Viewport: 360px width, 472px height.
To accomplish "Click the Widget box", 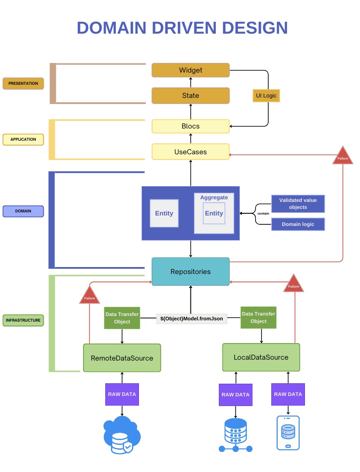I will pos(190,70).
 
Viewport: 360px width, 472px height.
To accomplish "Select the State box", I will pos(190,96).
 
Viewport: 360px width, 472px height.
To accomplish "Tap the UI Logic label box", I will pos(266,96).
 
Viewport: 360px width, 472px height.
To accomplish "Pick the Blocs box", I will pos(190,126).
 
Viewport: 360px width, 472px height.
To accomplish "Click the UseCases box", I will pos(190,152).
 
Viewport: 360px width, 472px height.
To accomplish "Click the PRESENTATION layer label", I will pos(23,83).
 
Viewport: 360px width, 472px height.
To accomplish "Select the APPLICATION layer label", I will pos(23,139).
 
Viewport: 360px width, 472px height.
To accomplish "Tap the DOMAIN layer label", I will pos(23,211).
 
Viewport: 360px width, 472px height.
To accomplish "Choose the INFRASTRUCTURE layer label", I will pos(23,320).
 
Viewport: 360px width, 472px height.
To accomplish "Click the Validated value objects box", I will pos(298,204).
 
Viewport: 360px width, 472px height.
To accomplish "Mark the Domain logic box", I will pos(298,224).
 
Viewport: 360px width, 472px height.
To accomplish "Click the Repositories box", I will pos(190,272).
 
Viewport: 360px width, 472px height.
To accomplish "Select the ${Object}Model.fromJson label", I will pos(192,319).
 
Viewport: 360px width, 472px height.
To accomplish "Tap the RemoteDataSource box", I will pos(122,358).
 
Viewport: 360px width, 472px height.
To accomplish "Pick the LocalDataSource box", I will pos(261,357).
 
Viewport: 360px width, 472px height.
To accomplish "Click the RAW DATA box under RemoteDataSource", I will pos(122,394).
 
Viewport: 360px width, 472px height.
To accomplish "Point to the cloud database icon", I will pos(122,435).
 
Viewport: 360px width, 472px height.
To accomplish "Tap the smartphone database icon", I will pos(288,433).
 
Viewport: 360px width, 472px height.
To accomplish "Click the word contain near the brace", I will pos(263,214).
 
